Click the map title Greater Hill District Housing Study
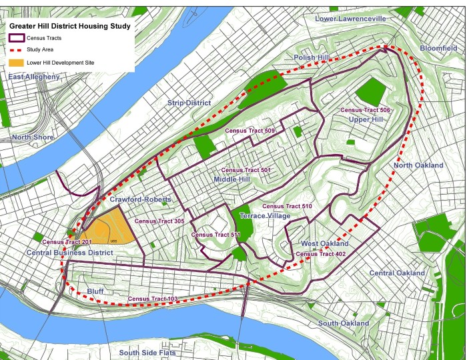pyautogui.click(x=69, y=26)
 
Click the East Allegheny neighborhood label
pyautogui.click(x=33, y=77)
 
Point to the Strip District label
pyautogui.click(x=189, y=103)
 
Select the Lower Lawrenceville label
pyautogui.click(x=350, y=19)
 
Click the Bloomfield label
pyautogui.click(x=438, y=49)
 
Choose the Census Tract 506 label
pyautogui.click(x=365, y=109)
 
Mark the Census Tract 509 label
pyautogui.click(x=250, y=131)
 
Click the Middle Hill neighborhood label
pyautogui.click(x=231, y=180)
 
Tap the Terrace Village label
pyautogui.click(x=265, y=216)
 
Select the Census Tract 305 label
pyautogui.click(x=159, y=221)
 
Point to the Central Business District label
pyautogui.click(x=69, y=253)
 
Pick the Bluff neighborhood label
pyautogui.click(x=95, y=291)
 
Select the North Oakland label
pyautogui.click(x=418, y=165)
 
